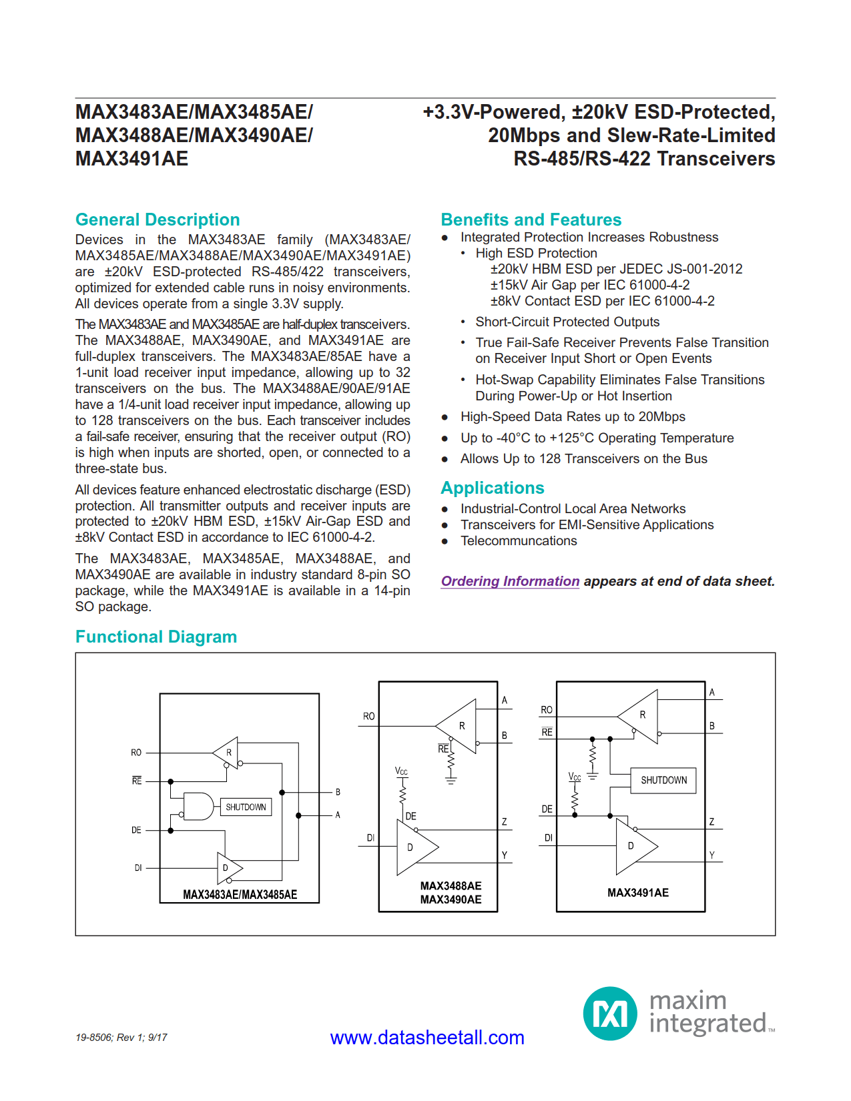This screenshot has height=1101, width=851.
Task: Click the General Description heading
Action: point(158,220)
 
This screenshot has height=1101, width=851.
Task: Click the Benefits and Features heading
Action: point(531,220)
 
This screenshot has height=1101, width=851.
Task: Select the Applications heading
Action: point(492,488)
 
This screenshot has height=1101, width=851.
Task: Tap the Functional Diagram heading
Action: point(156,637)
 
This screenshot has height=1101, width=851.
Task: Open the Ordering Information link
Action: point(510,581)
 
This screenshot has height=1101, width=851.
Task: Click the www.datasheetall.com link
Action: point(427,1038)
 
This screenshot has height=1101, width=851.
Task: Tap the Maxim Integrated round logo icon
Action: point(609,1014)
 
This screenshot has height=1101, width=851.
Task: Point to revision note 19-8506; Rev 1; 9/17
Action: point(121,1038)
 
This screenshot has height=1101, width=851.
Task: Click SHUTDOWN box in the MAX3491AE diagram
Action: point(663,780)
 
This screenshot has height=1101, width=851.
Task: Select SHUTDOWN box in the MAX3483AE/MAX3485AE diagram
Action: point(246,807)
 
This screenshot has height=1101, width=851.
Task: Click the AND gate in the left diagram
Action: point(198,807)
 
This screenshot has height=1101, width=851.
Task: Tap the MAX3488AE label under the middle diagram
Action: point(451,886)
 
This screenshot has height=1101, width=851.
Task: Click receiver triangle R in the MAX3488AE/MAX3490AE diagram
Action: point(459,726)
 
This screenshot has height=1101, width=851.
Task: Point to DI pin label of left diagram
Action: point(137,868)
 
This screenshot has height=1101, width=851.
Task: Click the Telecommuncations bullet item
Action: point(518,541)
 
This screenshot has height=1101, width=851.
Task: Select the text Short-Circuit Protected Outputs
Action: point(567,322)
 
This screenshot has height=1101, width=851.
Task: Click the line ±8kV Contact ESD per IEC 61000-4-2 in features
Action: point(602,301)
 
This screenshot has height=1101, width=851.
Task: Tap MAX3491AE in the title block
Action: point(132,159)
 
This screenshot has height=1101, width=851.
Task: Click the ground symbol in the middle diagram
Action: point(451,779)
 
